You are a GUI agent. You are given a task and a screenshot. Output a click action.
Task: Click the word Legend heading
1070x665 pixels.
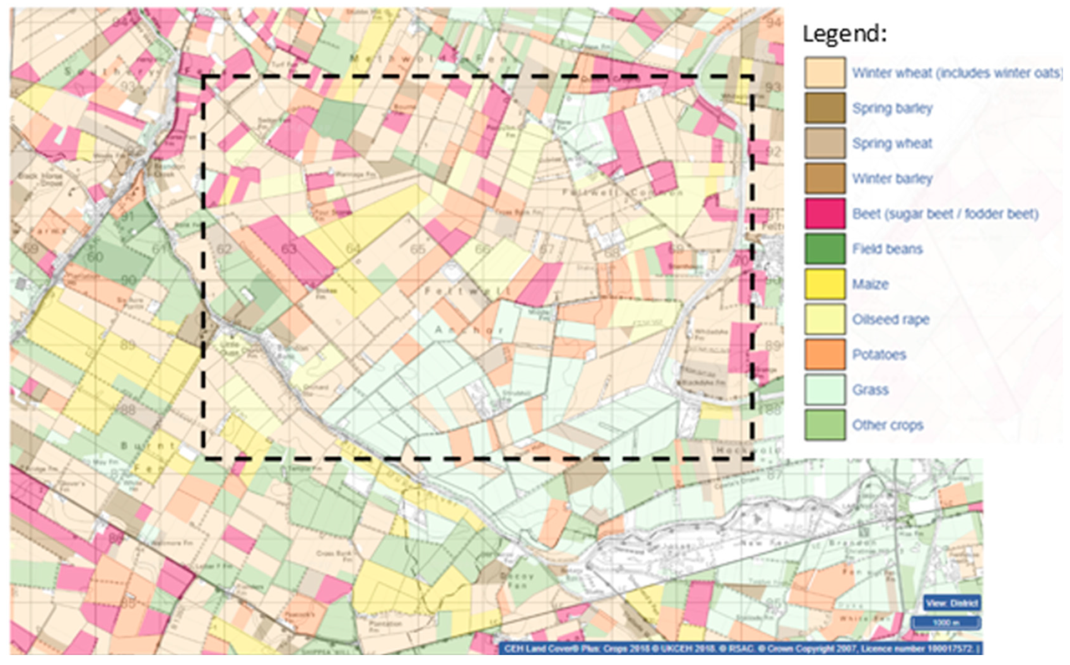844,34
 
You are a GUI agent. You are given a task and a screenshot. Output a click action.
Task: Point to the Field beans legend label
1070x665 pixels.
887,249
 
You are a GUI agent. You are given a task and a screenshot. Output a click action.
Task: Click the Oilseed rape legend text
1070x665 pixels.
891,319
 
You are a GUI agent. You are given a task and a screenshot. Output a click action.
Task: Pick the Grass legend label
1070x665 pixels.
870,390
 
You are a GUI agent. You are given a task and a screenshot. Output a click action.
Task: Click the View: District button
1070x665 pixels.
952,603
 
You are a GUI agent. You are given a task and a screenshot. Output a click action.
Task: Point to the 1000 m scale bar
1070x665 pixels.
946,623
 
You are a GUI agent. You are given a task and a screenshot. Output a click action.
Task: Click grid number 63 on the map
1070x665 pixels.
289,249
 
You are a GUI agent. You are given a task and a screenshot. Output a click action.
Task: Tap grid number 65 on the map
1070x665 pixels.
417,249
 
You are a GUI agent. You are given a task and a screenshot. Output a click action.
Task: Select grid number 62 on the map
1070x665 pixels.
224,249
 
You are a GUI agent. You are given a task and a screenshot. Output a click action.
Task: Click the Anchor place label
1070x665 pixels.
468,330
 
